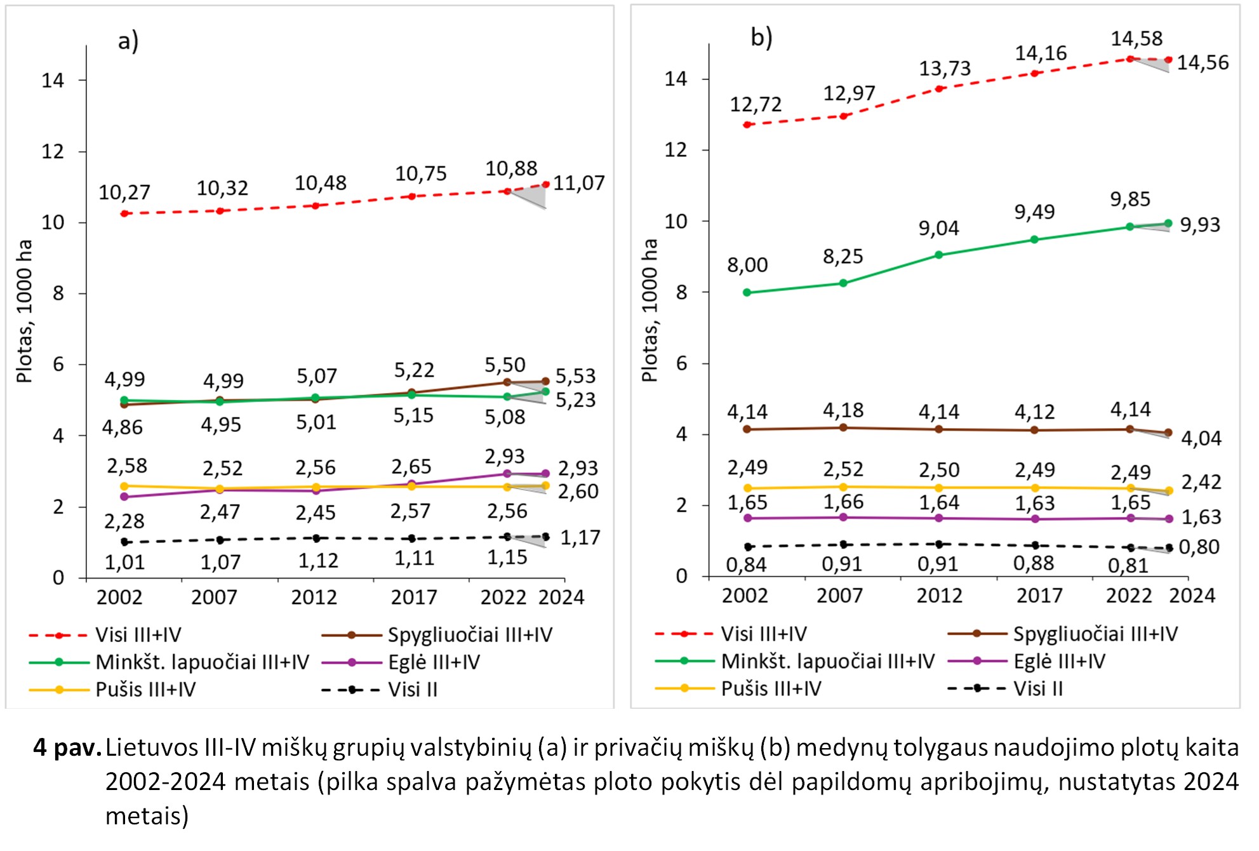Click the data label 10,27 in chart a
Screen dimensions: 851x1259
124,192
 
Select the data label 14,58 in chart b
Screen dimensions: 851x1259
1136,38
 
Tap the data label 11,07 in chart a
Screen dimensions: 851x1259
578,183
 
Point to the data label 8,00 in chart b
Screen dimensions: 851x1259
747,264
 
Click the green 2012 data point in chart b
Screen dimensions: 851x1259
939,255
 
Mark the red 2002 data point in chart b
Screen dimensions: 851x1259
747,124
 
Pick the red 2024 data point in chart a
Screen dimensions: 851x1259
545,185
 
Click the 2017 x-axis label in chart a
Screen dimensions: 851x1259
414,597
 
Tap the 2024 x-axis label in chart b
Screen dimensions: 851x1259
1192,595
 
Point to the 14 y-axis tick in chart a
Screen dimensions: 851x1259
53,80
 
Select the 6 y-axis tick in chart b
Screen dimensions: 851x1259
682,363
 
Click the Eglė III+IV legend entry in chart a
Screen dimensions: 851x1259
434,662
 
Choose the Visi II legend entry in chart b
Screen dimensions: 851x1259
1037,688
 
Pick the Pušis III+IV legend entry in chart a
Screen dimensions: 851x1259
145,689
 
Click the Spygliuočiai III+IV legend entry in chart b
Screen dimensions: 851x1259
1095,634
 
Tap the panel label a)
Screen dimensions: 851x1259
128,41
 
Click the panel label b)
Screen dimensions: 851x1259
761,37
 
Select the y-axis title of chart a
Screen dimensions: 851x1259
24,311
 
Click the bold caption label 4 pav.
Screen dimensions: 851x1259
67,747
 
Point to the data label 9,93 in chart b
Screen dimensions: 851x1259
1200,225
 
